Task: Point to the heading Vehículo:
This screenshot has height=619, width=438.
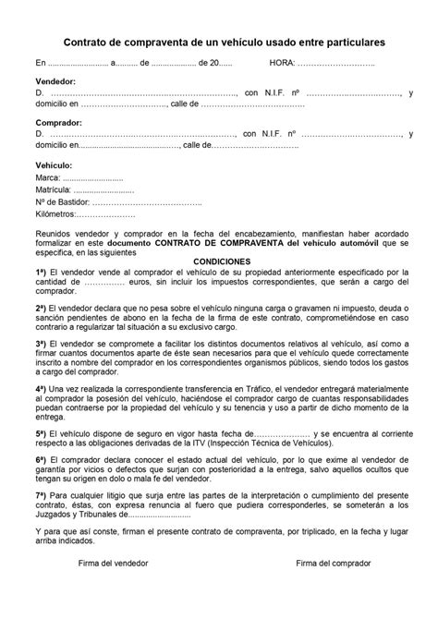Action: point(54,164)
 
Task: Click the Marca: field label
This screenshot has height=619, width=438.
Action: point(47,176)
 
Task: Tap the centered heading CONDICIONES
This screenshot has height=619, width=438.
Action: point(219,261)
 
